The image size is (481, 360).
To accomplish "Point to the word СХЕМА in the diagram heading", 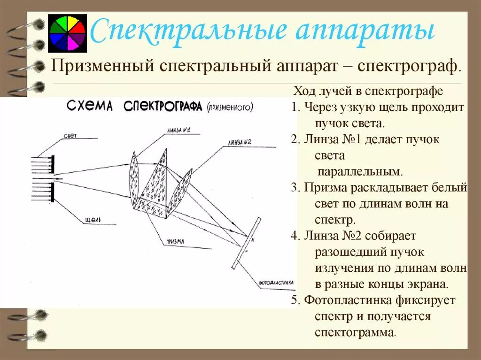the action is click(90, 106).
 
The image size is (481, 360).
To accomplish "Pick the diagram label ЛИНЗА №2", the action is click(240, 142).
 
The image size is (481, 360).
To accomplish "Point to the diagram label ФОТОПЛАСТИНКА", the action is click(276, 283).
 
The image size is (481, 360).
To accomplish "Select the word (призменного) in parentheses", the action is click(229, 107).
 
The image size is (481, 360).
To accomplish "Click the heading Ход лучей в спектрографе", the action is click(368, 91).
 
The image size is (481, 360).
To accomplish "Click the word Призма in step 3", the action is click(324, 188).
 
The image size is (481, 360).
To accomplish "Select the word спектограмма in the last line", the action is click(355, 332).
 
